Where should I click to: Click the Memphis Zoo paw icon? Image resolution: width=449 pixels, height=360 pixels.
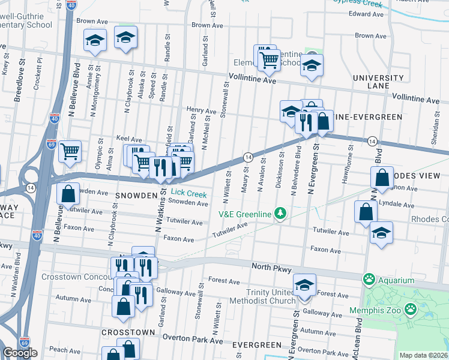point(411,310)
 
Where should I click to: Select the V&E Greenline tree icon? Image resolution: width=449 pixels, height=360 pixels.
point(279,213)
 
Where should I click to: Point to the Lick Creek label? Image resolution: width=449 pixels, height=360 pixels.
point(188,194)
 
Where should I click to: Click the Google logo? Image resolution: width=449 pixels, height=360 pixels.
point(20,353)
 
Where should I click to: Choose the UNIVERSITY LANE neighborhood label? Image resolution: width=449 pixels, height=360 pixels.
point(378,82)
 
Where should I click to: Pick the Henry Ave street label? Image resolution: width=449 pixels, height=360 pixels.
point(201,111)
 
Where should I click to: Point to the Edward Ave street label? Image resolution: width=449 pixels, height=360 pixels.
point(366,14)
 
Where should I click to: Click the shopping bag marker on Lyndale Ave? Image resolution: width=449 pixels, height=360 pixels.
point(366,211)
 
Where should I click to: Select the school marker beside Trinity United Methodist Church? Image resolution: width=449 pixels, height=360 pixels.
point(304,284)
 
